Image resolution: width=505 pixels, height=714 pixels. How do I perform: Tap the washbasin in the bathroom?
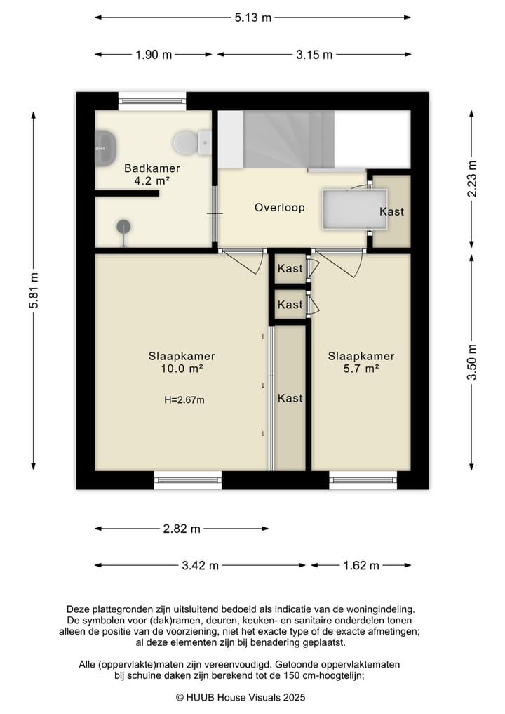coord(105,147)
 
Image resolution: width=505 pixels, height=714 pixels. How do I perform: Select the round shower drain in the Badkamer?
coord(123,227)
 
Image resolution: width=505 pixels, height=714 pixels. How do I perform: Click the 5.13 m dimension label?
coord(253,18)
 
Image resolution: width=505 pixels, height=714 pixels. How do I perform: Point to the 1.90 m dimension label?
coord(154,55)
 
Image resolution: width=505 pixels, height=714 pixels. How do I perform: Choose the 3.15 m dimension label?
coord(314,55)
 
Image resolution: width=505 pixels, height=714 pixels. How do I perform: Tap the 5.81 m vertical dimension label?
coord(34,290)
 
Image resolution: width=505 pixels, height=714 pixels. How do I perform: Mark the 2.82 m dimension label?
coord(182,529)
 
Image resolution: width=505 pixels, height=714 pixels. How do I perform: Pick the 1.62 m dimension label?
coord(361,566)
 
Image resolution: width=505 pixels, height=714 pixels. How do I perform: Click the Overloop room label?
coord(280,208)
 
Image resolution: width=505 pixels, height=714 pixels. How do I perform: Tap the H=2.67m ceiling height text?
coord(184,399)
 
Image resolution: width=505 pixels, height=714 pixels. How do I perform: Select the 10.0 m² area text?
coord(182,369)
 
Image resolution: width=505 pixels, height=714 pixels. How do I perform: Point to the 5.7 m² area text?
coord(361,369)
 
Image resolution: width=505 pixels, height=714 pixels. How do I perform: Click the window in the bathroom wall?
coord(152,101)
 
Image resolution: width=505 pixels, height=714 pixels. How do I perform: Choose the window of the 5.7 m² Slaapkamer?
coord(363,480)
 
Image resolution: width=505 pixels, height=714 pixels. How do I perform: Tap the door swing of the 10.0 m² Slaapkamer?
coord(245,263)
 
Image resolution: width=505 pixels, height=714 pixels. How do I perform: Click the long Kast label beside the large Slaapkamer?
coord(290,399)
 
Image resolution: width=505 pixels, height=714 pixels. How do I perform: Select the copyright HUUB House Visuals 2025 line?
coord(241,697)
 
